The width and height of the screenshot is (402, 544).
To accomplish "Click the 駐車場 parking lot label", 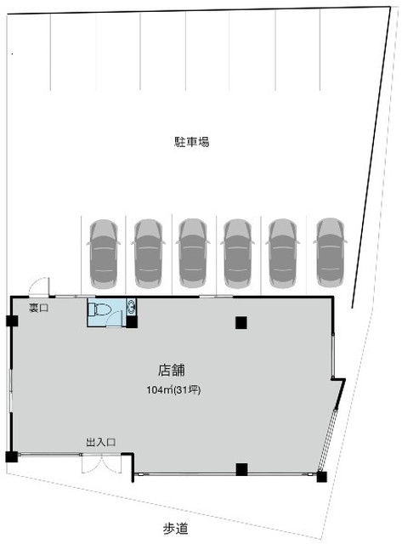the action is click(x=191, y=142).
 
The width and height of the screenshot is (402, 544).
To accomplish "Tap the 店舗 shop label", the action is click(x=172, y=371).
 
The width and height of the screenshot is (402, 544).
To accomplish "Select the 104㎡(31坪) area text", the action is click(x=173, y=390).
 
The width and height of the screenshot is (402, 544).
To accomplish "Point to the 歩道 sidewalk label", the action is click(x=176, y=529).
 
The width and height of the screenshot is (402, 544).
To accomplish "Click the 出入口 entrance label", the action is click(x=100, y=442).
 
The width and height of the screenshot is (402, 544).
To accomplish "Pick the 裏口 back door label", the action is click(x=38, y=308).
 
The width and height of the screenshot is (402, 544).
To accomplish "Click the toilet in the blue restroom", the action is click(x=99, y=309).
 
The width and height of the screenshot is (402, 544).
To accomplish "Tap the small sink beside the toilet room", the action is click(x=132, y=307).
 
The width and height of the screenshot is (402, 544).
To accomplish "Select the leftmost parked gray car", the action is click(x=104, y=254).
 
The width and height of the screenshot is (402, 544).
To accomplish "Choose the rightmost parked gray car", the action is click(x=330, y=252).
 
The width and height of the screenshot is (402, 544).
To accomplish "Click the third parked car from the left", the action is click(x=193, y=253).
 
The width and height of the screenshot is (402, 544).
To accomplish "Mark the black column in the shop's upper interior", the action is click(x=241, y=323).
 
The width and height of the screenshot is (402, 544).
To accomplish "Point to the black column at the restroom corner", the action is click(x=132, y=322).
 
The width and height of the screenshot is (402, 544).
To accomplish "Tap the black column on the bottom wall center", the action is click(x=241, y=469).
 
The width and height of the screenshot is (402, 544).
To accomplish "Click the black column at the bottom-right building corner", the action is click(x=321, y=477).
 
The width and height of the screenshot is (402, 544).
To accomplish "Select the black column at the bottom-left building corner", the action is click(x=11, y=456).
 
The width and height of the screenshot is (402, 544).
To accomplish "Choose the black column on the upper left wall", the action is click(x=12, y=321).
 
